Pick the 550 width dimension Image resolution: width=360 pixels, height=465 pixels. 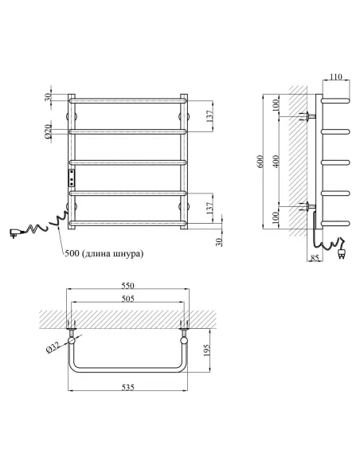coord(128,285)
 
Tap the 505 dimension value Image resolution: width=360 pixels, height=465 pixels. coord(128,299)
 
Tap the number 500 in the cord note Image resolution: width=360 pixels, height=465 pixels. coord(72,254)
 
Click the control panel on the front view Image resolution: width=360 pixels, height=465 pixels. coord(71,175)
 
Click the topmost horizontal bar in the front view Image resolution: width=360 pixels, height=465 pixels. coord(128,100)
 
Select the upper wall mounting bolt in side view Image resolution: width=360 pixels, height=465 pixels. coord(306,117)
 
